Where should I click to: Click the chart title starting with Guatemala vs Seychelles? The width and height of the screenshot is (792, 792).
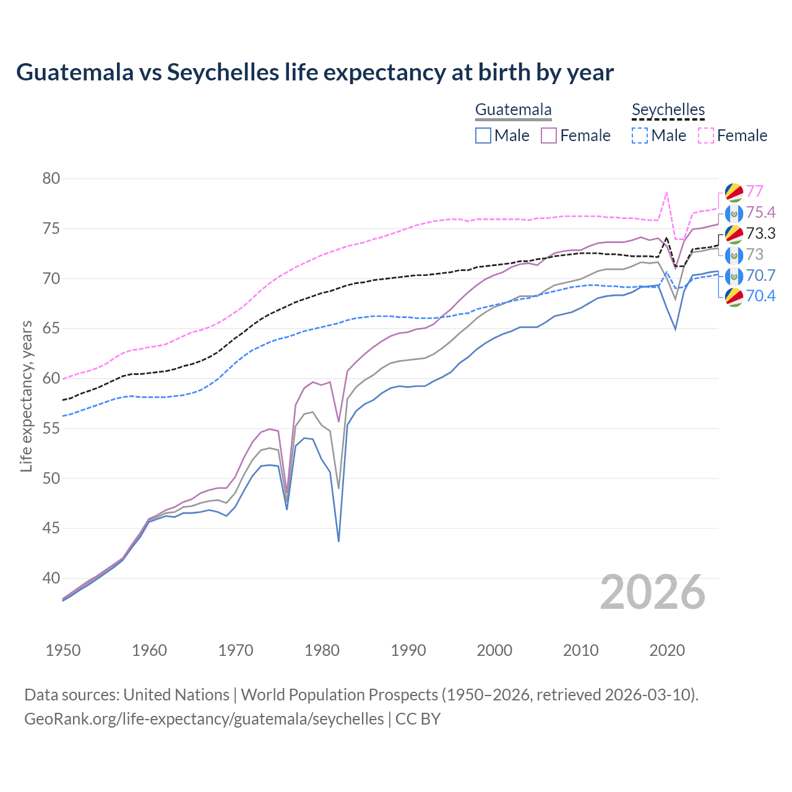(315, 72)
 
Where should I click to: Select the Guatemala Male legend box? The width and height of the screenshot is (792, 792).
(483, 136)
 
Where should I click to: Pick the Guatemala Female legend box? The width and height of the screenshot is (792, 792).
(549, 136)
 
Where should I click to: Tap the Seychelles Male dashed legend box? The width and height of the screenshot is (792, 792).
(640, 136)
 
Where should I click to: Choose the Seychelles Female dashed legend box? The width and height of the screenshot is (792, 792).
(706, 136)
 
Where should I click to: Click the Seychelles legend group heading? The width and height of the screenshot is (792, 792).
(668, 110)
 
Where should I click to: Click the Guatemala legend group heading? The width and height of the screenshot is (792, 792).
(513, 110)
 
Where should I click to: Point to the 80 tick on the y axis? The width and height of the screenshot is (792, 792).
(51, 179)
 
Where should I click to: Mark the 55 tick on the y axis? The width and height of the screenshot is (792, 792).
(51, 428)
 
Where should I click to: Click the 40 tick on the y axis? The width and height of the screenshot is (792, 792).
(51, 579)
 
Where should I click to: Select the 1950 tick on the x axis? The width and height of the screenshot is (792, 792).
(63, 650)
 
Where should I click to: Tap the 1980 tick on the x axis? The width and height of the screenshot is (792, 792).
(322, 650)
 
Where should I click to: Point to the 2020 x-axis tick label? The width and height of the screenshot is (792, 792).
(667, 650)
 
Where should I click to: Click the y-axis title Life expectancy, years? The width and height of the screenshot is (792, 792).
(27, 396)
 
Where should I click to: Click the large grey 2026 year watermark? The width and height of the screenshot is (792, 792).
(653, 592)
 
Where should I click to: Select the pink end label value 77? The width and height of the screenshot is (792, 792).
(754, 191)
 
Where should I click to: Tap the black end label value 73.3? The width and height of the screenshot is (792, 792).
(760, 233)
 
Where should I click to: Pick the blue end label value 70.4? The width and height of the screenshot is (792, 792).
(760, 296)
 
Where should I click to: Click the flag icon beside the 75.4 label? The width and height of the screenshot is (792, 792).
(733, 213)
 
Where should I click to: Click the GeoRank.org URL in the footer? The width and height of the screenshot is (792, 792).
(204, 719)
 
